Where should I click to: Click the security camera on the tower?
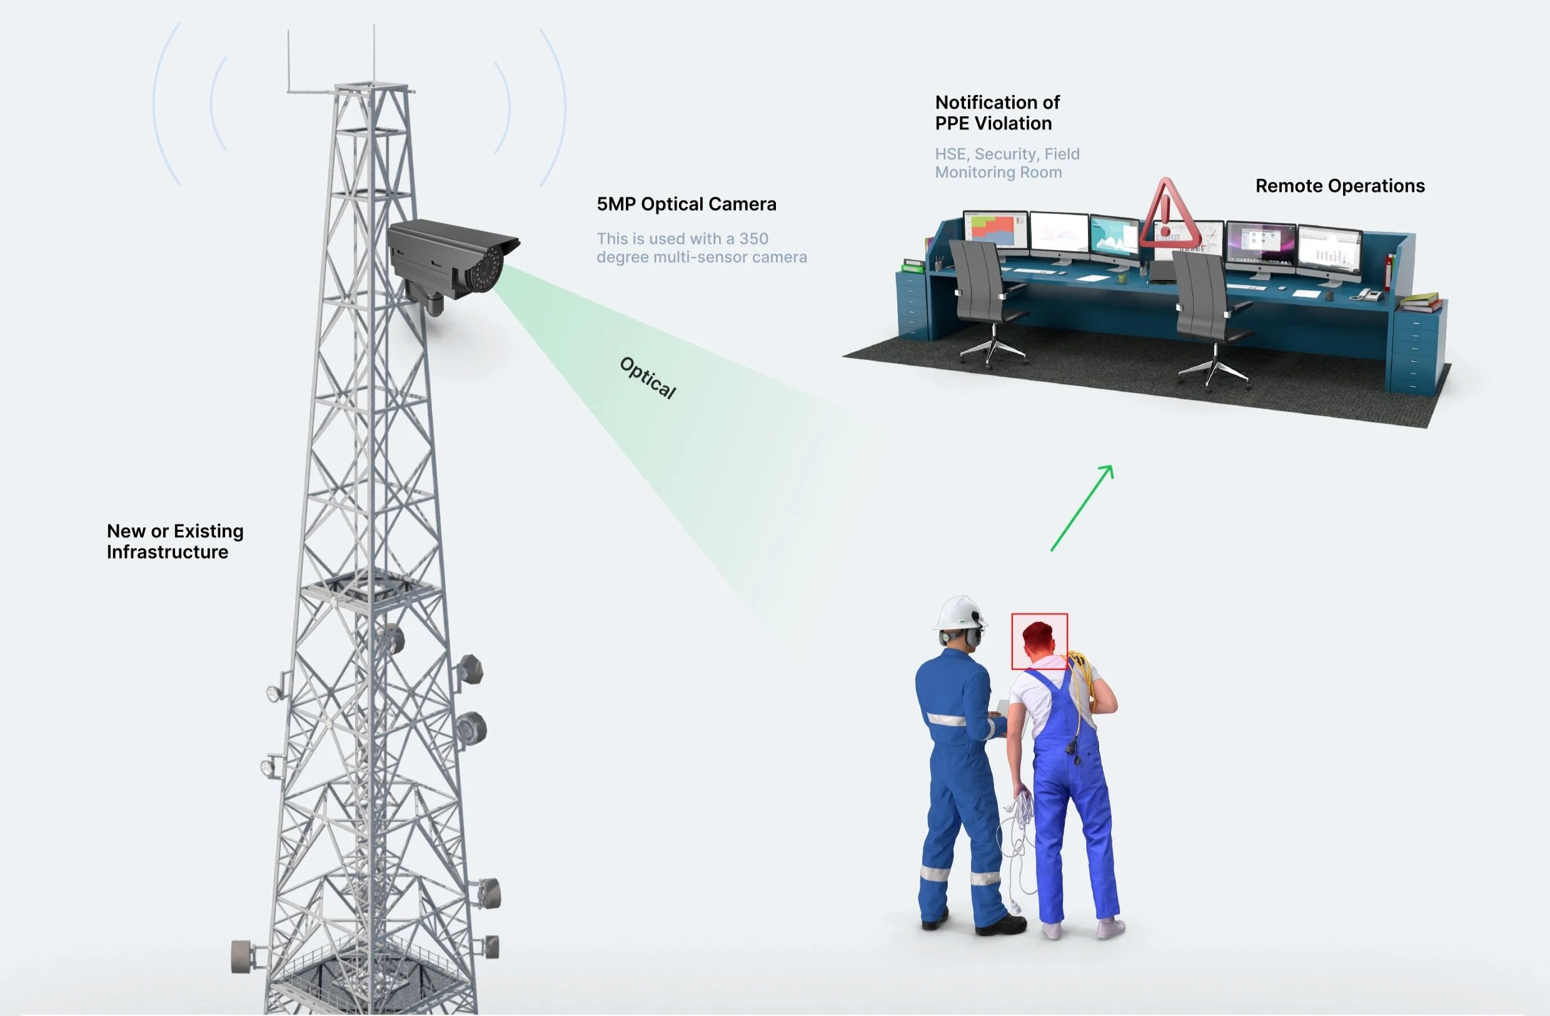coord(450,261)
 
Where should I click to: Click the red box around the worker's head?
coord(1039,640)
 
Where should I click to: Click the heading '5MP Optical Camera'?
coord(687,204)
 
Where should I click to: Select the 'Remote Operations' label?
coord(1340,186)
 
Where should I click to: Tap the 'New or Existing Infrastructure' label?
coord(174,542)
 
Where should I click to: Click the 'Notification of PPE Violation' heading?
coord(997,112)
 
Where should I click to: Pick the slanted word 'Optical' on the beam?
coord(647,377)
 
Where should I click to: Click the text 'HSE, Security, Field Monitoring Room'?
coord(1007,162)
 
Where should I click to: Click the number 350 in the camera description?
coord(753,239)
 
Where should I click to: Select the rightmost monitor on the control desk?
coord(1329,251)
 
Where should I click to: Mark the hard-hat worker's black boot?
coord(1000,924)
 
